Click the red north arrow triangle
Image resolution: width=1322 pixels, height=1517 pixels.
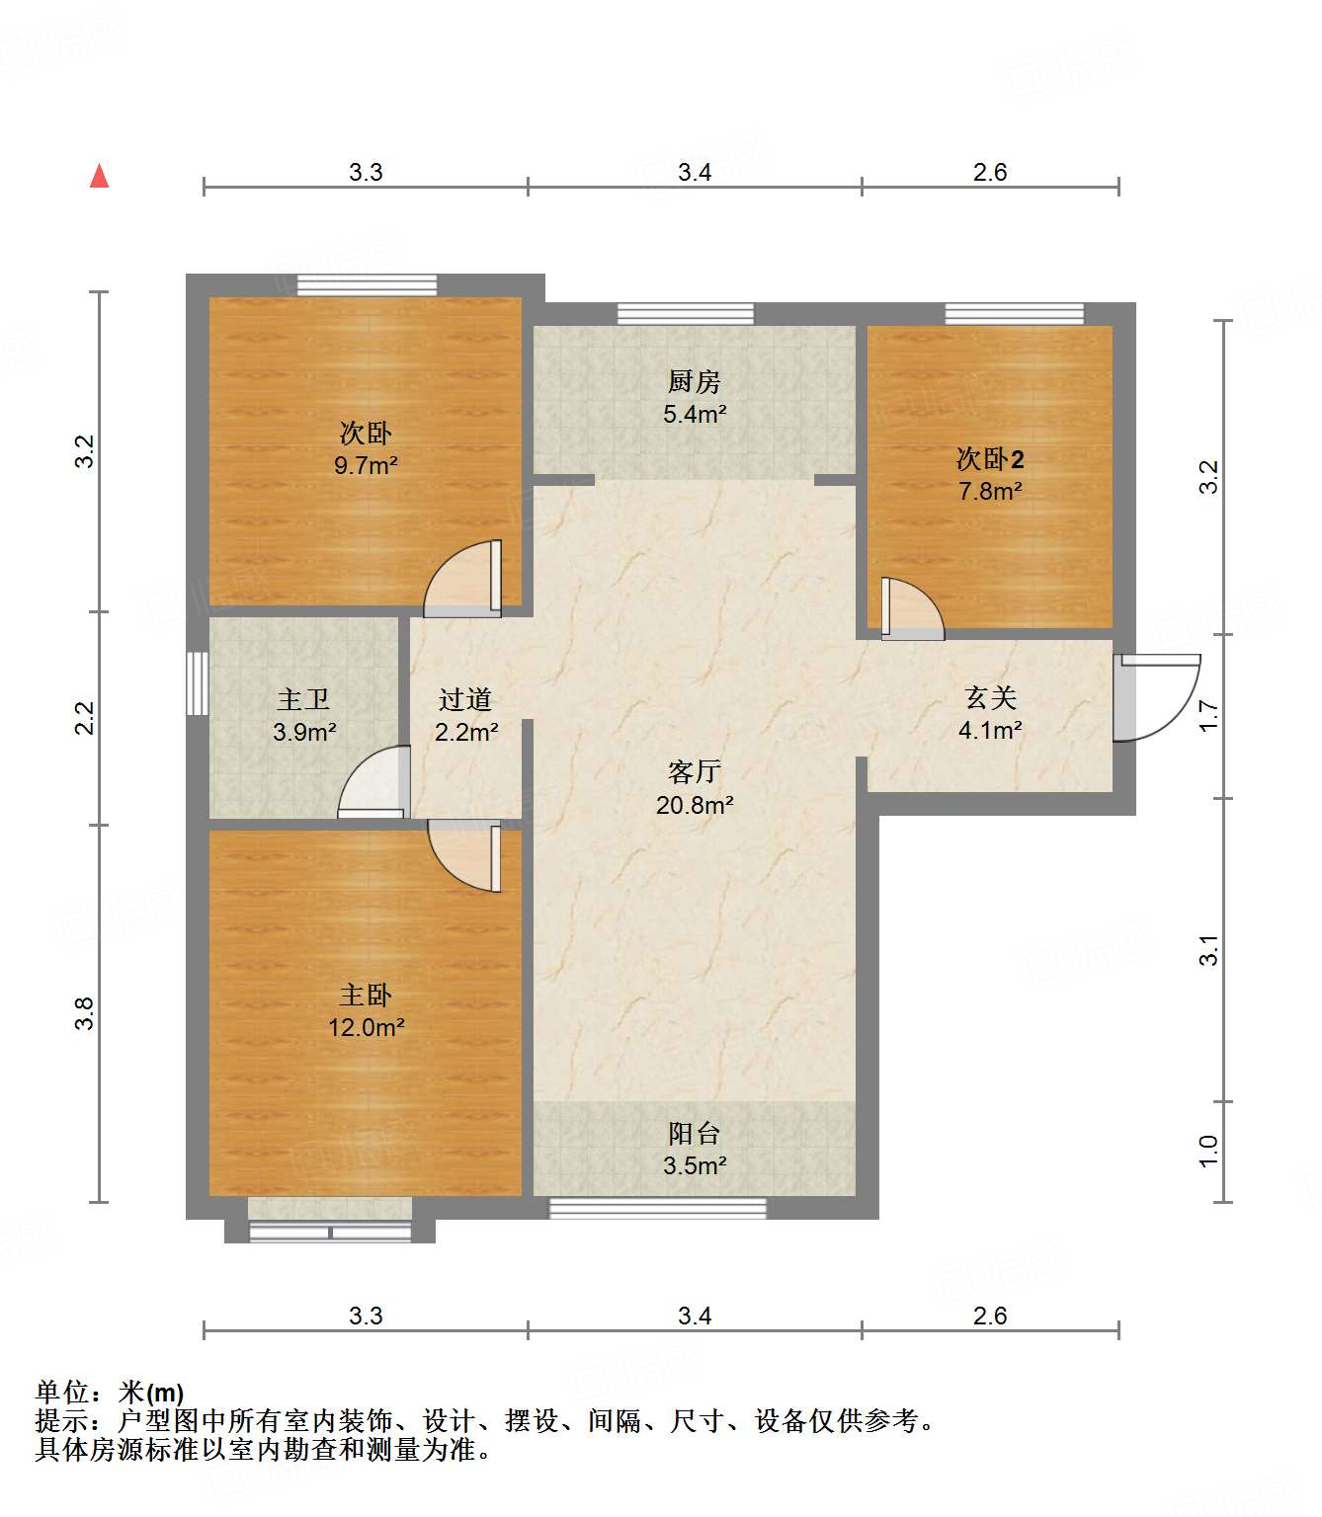point(99,177)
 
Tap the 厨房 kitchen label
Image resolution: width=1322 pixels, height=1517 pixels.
point(694,381)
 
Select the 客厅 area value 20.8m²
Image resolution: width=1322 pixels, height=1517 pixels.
point(695,805)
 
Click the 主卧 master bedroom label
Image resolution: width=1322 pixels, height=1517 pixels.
point(365,995)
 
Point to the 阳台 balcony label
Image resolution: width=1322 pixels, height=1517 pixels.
point(694,1133)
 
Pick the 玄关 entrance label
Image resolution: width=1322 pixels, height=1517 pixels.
point(990,698)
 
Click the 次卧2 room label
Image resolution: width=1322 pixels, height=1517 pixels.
point(990,458)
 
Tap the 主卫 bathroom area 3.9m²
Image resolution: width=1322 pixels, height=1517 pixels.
point(304,732)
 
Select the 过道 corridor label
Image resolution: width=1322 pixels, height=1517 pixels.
point(465,699)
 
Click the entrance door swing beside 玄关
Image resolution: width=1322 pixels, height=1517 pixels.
point(1156,697)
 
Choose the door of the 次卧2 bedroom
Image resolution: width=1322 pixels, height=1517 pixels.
point(910,606)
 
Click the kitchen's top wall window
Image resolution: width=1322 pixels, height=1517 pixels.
point(685,314)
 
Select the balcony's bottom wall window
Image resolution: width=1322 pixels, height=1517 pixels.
point(657,1207)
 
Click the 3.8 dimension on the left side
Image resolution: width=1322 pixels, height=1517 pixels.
point(86,1013)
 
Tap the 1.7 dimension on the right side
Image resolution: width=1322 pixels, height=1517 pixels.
point(1208,715)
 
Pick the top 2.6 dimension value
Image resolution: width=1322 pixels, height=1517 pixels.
point(989,172)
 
